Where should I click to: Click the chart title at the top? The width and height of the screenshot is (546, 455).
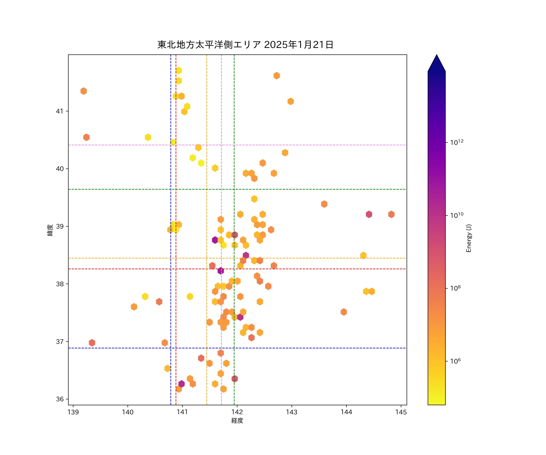point(245,45)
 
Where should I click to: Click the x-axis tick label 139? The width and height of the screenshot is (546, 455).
point(73,412)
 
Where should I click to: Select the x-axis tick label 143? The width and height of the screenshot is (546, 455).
point(292,412)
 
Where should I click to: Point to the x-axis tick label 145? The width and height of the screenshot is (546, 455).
point(401,412)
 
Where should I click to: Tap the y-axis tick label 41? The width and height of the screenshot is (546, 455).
point(60,111)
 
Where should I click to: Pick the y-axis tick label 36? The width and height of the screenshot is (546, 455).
point(60,399)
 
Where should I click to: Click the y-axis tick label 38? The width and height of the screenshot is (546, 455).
point(60,284)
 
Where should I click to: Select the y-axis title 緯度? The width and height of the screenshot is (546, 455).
point(50,230)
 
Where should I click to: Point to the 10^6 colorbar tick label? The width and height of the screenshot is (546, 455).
point(455,361)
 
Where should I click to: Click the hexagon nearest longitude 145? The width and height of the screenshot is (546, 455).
point(391,214)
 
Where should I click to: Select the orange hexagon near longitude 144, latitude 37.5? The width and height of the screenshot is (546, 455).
point(344,312)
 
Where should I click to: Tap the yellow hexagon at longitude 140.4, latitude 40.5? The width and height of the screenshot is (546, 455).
point(148,137)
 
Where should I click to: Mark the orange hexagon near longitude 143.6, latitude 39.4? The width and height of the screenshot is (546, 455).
point(324,204)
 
